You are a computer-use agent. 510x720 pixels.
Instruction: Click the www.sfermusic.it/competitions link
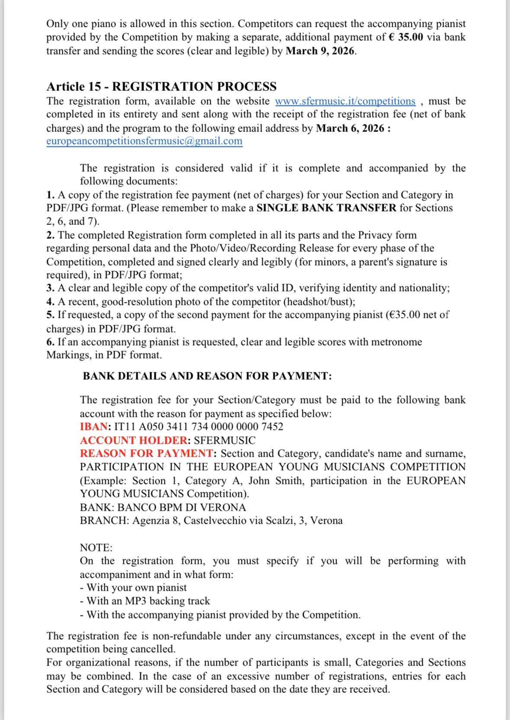(345, 101)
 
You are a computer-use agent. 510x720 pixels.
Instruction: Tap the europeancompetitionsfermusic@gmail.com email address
(144, 141)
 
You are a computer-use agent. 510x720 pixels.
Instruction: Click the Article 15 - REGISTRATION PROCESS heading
(161, 86)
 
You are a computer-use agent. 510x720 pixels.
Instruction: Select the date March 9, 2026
(321, 51)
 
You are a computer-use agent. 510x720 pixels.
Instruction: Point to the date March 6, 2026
(350, 128)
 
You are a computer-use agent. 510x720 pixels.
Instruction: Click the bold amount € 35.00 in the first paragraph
(406, 37)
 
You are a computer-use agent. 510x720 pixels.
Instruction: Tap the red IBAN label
(94, 427)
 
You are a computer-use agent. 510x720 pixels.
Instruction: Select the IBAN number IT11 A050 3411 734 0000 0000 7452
(199, 427)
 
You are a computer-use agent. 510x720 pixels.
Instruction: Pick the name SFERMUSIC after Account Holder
(225, 441)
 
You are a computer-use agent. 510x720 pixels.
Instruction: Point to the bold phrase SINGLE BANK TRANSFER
(326, 208)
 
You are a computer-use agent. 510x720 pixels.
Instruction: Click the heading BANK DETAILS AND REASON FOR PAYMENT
(207, 376)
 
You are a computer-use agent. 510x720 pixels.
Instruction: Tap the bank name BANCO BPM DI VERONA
(182, 507)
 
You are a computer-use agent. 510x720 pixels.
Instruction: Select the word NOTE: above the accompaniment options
(96, 548)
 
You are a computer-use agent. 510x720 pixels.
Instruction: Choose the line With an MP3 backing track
(148, 601)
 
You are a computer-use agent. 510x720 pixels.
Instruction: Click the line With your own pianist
(136, 588)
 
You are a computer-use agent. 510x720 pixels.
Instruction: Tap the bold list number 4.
(50, 302)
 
